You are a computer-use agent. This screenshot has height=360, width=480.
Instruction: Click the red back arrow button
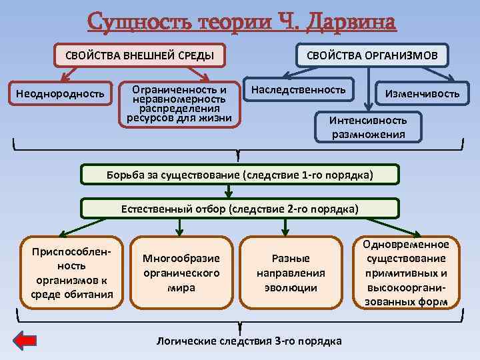(x=25, y=341)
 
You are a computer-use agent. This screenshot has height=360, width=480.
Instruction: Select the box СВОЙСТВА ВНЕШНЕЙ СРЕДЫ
(x=139, y=55)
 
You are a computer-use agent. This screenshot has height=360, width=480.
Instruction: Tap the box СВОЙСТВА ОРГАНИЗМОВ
(x=372, y=55)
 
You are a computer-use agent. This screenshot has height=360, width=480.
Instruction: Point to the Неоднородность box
(x=60, y=93)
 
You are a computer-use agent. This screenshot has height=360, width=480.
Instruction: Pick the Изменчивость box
(x=421, y=94)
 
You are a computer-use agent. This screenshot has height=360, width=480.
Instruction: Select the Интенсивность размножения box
(x=368, y=127)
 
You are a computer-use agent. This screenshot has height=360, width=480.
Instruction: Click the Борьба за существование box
(x=239, y=175)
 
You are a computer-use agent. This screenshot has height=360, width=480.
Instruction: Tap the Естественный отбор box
(x=239, y=209)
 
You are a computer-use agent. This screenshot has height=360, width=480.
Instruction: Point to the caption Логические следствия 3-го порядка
(x=248, y=341)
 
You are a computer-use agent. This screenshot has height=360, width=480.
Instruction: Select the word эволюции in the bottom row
(x=291, y=288)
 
